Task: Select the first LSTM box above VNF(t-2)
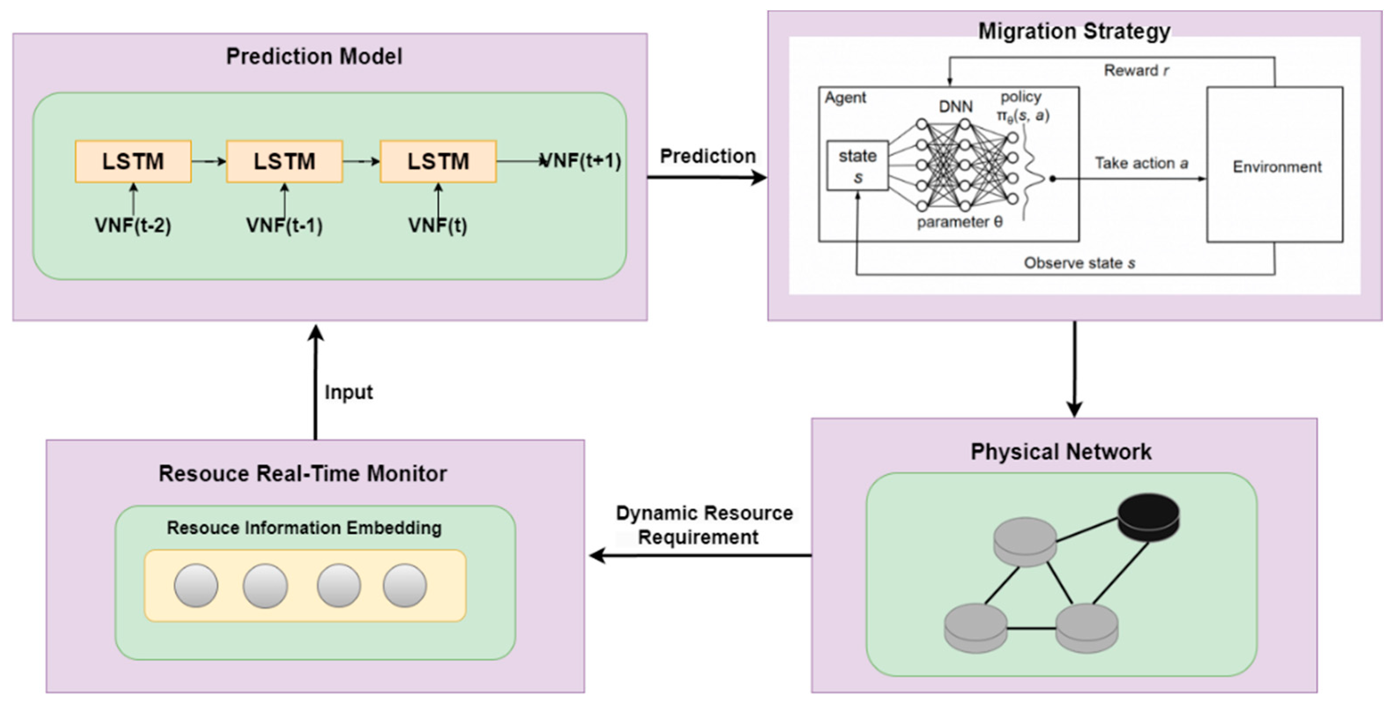point(133,162)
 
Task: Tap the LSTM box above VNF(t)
point(438,162)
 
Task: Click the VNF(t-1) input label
point(284,225)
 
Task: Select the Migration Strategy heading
point(1074,31)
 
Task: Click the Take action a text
point(1141,163)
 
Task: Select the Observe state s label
point(1079,263)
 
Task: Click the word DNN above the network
point(955,106)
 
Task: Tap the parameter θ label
point(959,222)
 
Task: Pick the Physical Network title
point(1061,452)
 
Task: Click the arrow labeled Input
point(316,383)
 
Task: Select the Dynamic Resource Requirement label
point(703,525)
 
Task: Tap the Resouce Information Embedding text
point(304,528)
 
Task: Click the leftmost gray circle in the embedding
point(196,585)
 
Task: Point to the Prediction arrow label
point(707,156)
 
